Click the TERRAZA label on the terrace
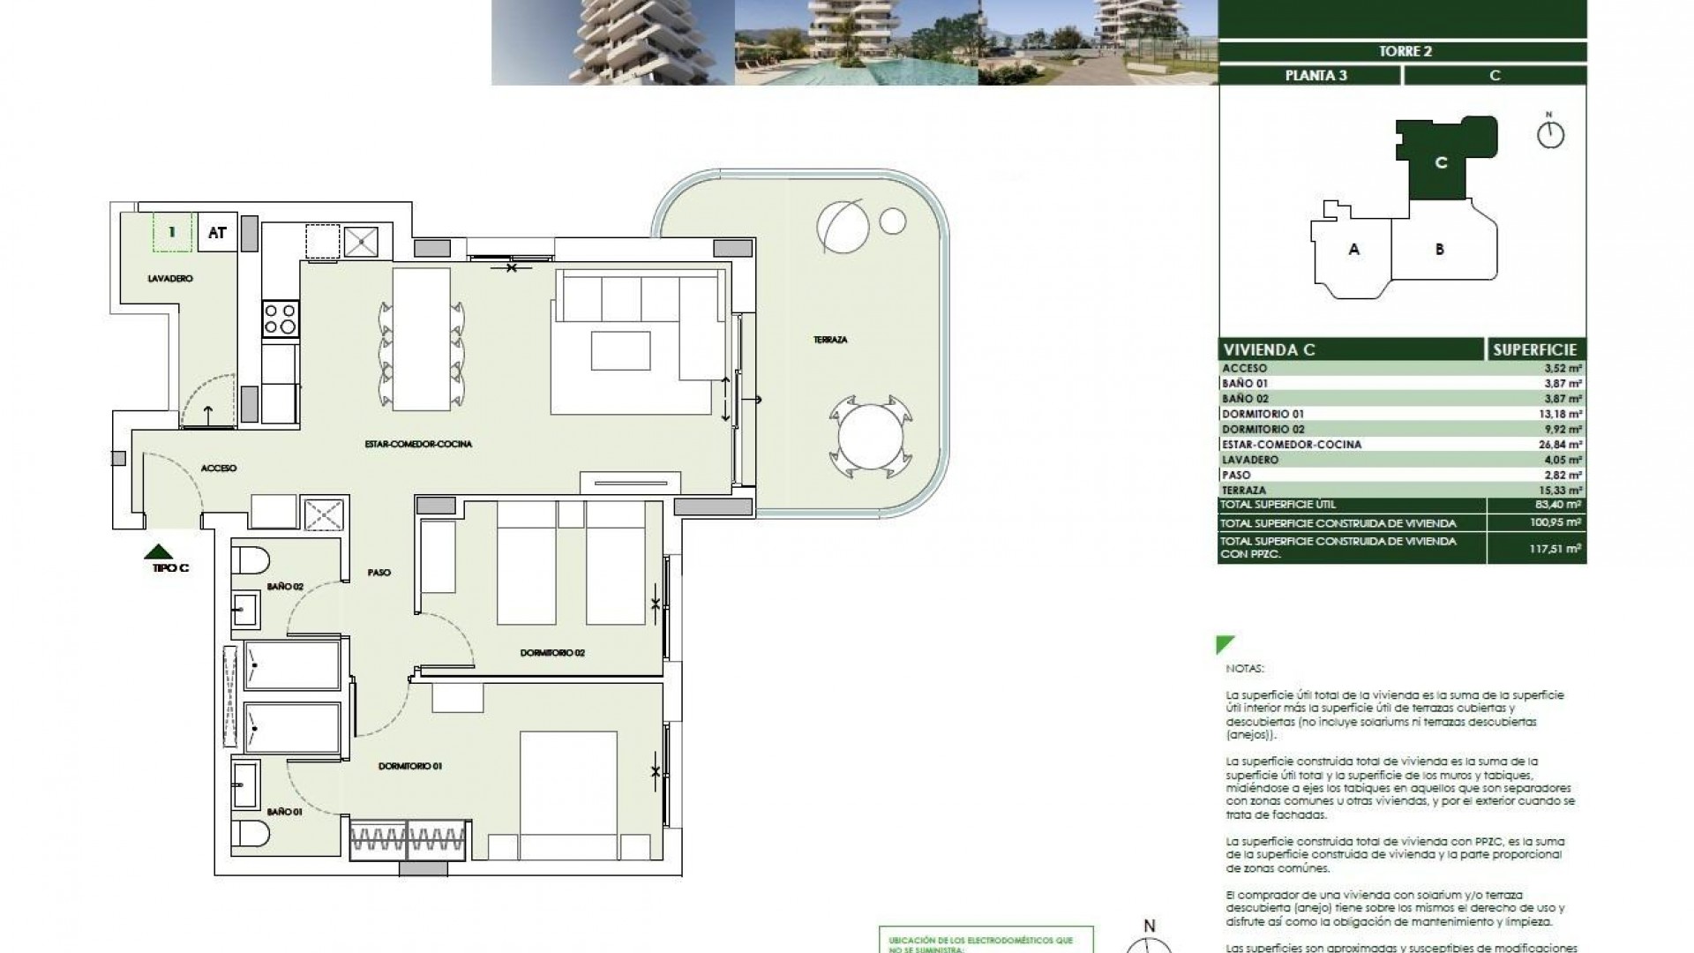(x=830, y=340)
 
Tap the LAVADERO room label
(x=170, y=279)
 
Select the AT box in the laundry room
(x=217, y=233)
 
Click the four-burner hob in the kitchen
(x=281, y=319)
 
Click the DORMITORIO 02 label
(x=552, y=653)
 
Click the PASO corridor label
(x=379, y=573)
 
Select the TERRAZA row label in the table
(x=1244, y=490)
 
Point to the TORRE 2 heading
(x=1404, y=51)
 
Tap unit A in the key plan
(x=1353, y=250)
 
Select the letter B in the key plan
(x=1439, y=250)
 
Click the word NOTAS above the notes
(x=1244, y=669)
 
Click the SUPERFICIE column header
(x=1535, y=349)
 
